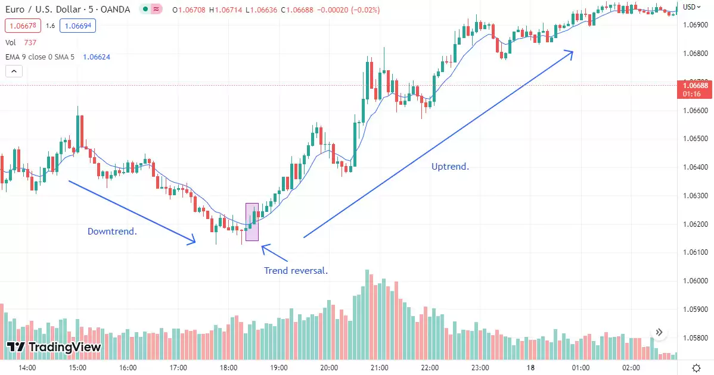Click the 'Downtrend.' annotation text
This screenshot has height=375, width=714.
coord(112,231)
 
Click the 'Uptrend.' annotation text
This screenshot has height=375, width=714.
coord(450,167)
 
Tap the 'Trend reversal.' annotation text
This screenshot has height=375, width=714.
coord(296,271)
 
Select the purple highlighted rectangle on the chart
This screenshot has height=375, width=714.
coord(252,221)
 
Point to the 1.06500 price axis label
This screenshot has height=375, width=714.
coord(694,139)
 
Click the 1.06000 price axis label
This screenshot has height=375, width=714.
coord(694,281)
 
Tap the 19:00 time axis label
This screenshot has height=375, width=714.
coord(279,367)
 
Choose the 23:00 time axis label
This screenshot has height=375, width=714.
coord(480,367)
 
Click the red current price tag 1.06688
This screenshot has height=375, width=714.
coord(696,86)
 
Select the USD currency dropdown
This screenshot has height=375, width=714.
coord(691,7)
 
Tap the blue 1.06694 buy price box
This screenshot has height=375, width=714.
coord(77,26)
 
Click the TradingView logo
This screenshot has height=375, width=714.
coord(54,347)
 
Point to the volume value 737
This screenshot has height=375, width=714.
coord(30,42)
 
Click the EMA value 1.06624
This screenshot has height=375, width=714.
coord(96,57)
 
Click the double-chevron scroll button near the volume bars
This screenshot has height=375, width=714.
coord(659,332)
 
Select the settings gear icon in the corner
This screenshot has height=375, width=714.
coord(696,367)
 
